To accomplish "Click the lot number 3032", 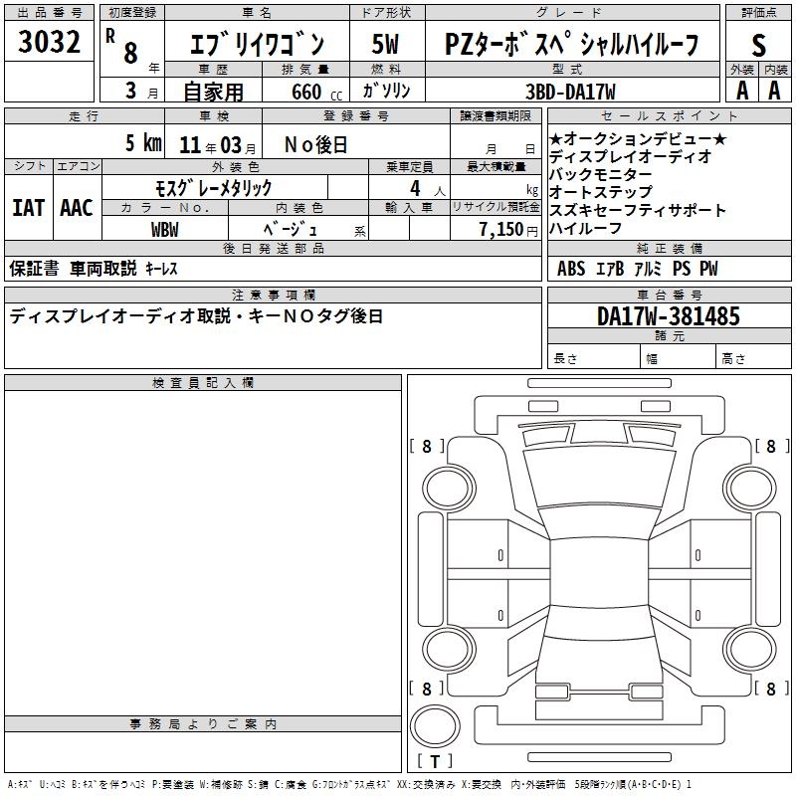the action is pos(49,42).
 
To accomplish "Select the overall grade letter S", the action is pos(758,45).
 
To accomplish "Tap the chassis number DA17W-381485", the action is pos(669,315).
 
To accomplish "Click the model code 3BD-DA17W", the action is pos(570,92).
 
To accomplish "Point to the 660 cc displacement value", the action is pos(316,92).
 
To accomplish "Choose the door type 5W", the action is pos(385,44).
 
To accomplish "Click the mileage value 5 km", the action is pos(143,143).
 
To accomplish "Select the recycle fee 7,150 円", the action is pos(508,230).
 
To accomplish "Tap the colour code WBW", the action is pos(165,230).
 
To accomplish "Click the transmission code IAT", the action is pos(29,208).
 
